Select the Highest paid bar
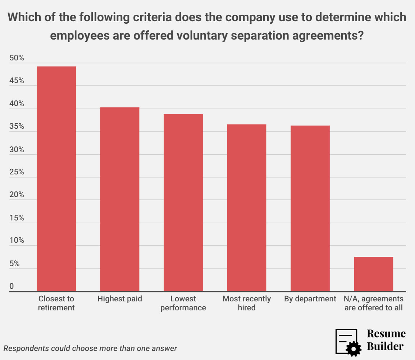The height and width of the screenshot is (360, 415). click(120, 199)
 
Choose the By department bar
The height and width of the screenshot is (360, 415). click(310, 208)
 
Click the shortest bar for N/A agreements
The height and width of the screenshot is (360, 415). click(374, 274)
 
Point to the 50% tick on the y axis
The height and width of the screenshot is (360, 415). click(17, 58)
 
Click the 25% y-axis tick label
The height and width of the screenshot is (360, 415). click(17, 172)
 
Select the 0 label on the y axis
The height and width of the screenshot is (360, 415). click(12, 286)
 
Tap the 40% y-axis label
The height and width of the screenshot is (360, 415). click(17, 104)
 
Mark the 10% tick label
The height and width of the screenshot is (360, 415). click(17, 240)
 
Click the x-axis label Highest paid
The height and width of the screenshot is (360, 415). click(120, 299)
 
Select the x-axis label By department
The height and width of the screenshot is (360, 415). click(310, 299)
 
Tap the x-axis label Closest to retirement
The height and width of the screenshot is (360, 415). click(56, 303)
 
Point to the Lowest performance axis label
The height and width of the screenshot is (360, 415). click(183, 303)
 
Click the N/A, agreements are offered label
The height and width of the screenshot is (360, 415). click(374, 303)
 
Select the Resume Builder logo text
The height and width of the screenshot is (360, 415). click(386, 340)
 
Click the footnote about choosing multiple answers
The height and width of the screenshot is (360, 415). click(90, 348)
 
